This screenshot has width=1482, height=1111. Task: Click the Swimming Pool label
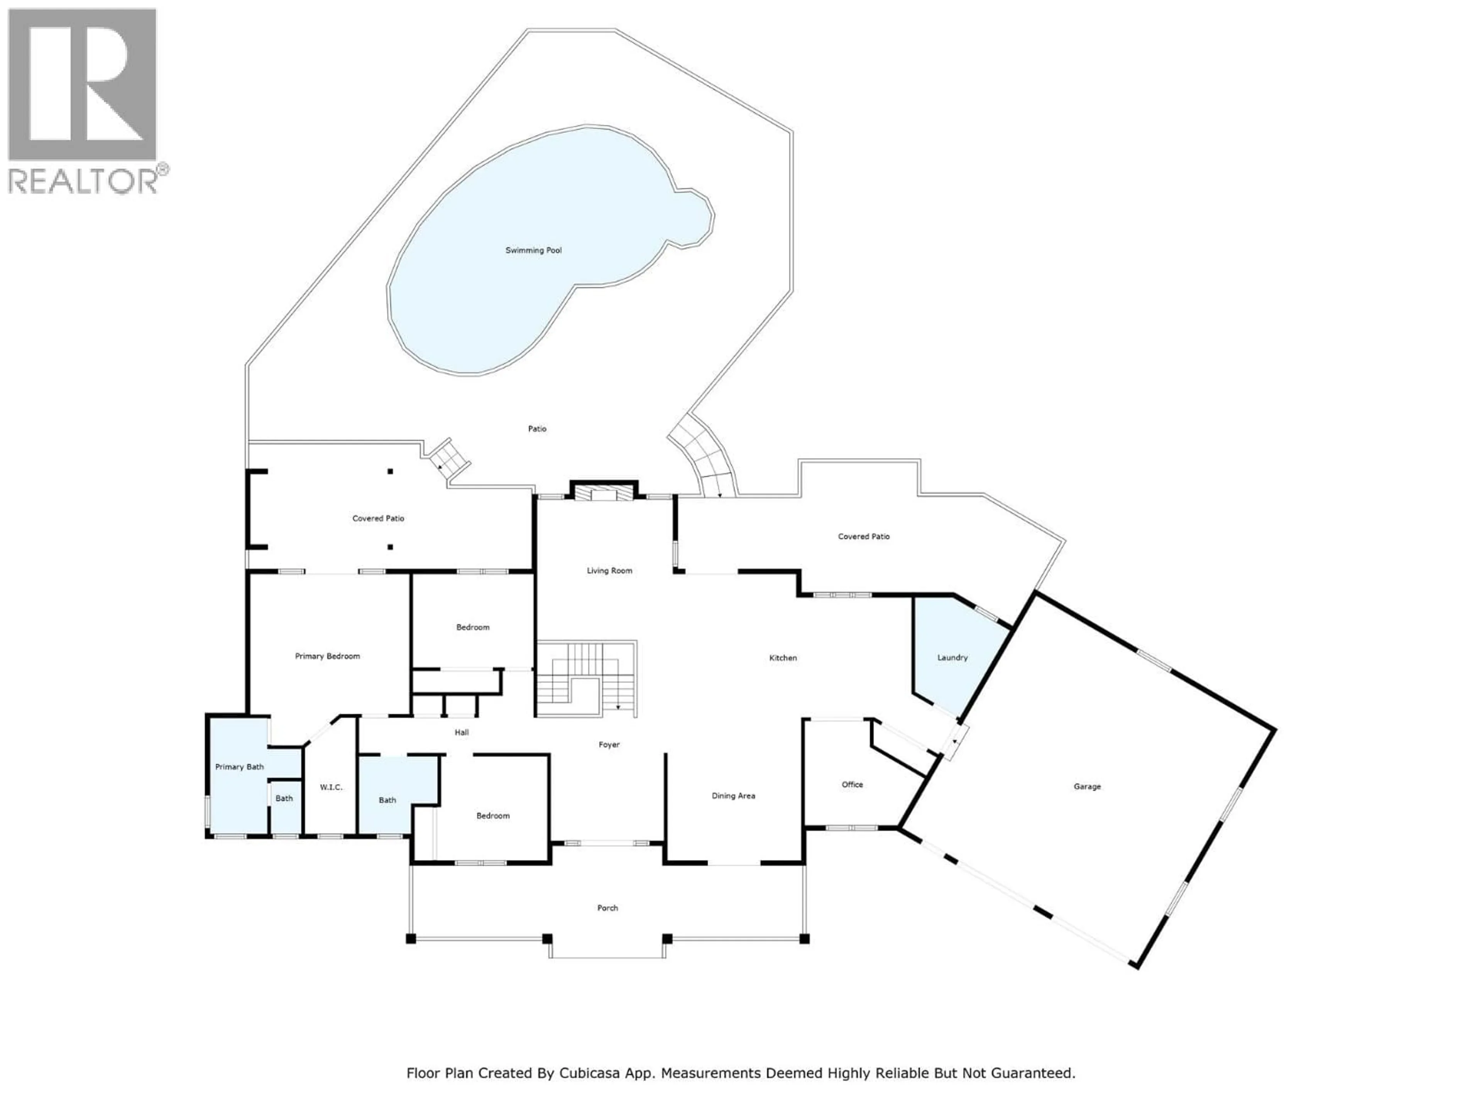pos(533,250)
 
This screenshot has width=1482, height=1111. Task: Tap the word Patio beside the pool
pos(537,429)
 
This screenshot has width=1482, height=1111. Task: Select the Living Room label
pos(609,571)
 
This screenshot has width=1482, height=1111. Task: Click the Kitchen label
pos(783,658)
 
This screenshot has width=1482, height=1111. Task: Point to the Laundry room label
pos(952,658)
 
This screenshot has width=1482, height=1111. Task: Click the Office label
pos(852,784)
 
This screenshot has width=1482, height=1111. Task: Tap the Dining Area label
pos(733,795)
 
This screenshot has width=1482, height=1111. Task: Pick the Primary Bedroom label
pos(327,656)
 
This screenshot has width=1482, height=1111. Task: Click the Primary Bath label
pos(239,767)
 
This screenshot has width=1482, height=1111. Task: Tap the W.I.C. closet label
pos(331,787)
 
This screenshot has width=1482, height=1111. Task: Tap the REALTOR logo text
pos(83,181)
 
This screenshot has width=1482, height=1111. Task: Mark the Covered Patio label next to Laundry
pos(864,537)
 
